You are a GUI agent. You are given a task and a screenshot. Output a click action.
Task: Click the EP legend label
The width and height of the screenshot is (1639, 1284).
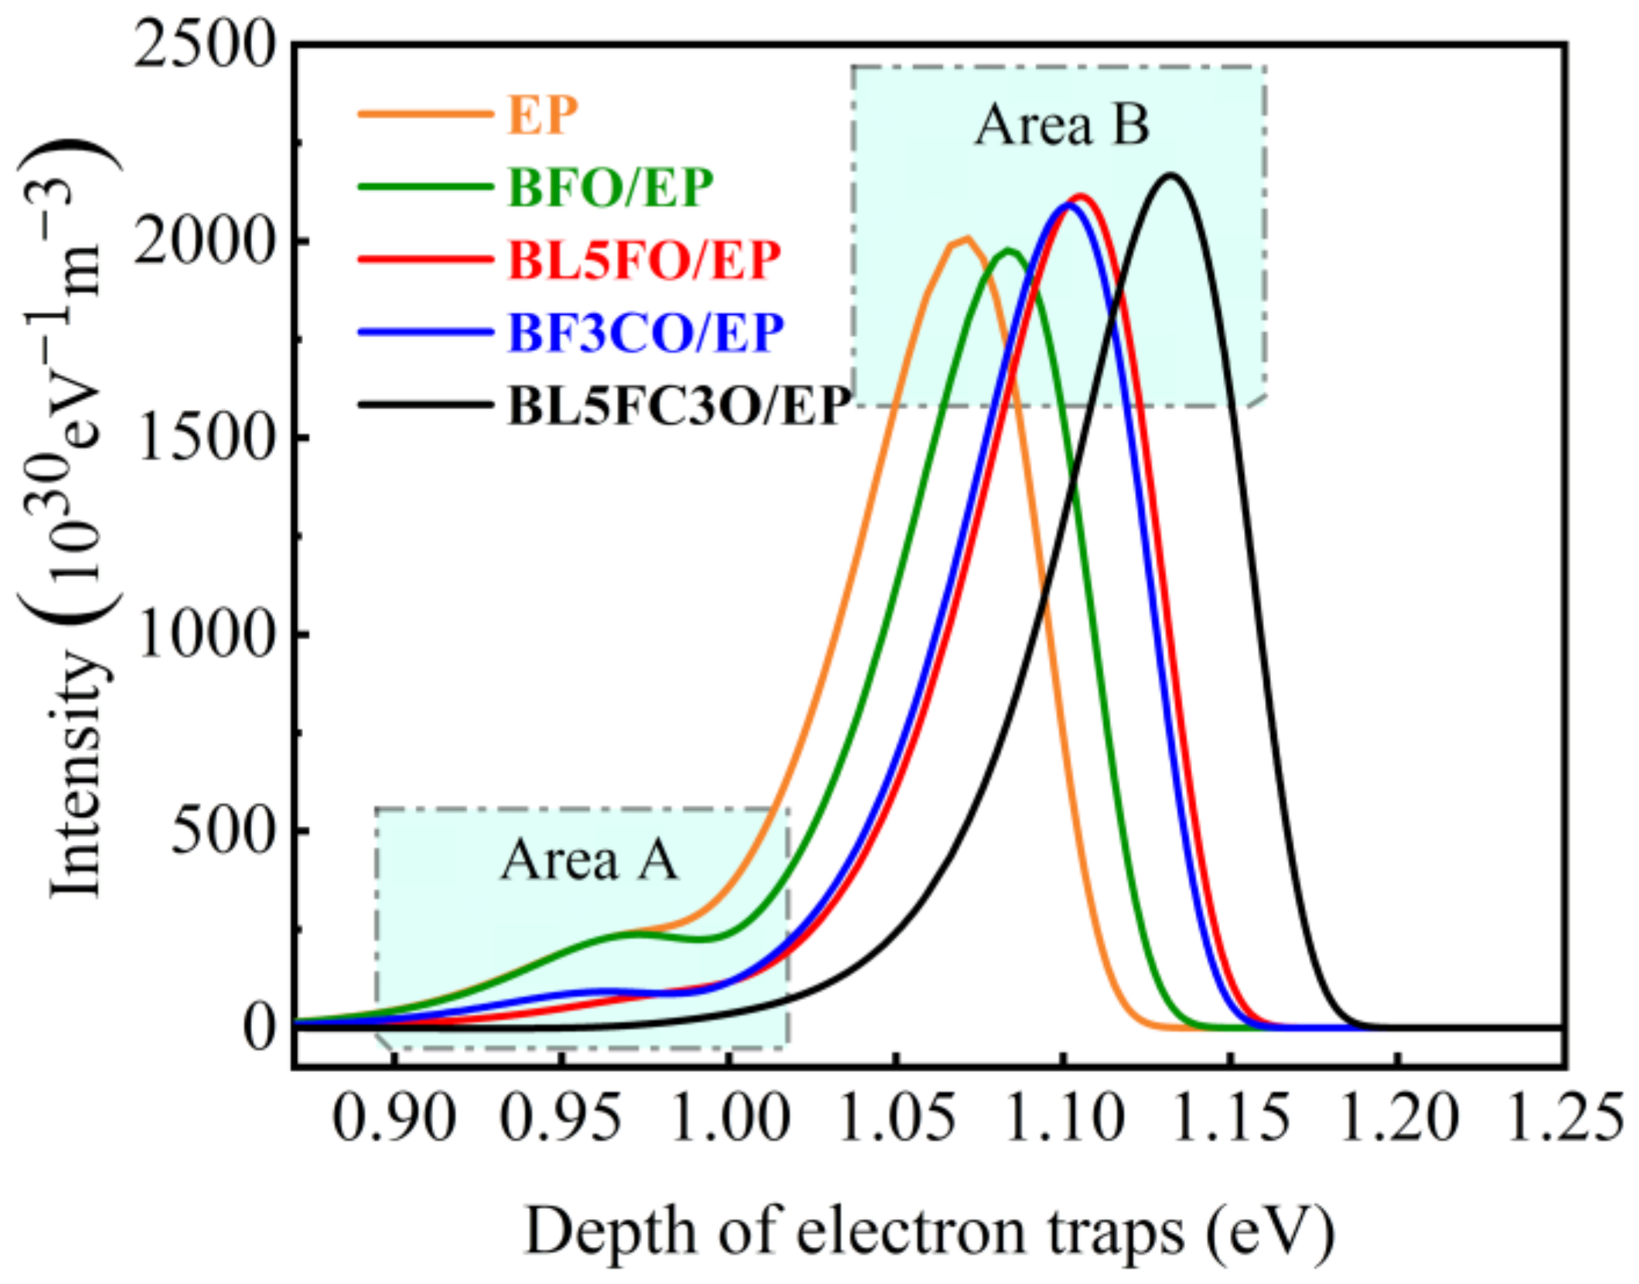[x=542, y=115]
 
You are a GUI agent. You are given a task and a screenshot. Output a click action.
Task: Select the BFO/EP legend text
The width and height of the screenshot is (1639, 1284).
[x=609, y=187]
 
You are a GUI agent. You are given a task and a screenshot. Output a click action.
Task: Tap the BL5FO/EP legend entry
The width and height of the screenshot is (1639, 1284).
[x=644, y=260]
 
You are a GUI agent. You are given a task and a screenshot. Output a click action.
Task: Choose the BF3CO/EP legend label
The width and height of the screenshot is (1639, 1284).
[x=646, y=333]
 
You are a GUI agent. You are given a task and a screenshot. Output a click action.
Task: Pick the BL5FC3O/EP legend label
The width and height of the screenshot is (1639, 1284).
[x=679, y=405]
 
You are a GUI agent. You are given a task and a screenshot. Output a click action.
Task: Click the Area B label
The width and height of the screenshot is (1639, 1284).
[x=1061, y=125]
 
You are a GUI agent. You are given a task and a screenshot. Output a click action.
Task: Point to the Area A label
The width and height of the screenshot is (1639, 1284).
[x=589, y=859]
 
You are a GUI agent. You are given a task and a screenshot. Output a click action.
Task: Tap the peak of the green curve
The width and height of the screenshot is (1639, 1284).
[x=1008, y=250]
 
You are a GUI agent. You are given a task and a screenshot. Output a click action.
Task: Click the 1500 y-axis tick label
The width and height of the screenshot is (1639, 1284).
[x=205, y=439]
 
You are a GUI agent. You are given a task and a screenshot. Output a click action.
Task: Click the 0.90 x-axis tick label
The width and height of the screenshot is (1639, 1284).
[x=393, y=1118]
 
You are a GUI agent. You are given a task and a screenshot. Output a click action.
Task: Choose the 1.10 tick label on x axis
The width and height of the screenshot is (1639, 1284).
[x=1064, y=1118]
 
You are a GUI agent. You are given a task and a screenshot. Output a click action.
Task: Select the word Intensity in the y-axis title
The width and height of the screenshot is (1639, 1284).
[x=77, y=773]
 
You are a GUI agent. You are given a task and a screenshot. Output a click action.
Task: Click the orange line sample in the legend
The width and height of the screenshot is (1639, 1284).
[x=424, y=114]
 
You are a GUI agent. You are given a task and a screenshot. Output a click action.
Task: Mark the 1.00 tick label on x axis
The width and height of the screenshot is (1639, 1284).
[x=728, y=1118]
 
